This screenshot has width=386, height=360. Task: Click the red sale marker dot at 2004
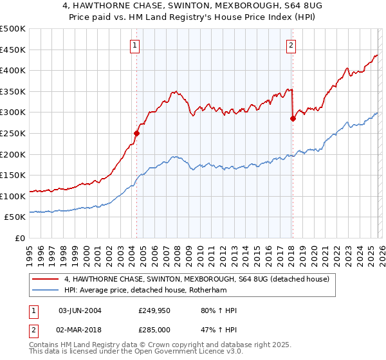pyautogui.click(x=136, y=134)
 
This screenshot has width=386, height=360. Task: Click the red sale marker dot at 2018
pyautogui.click(x=293, y=118)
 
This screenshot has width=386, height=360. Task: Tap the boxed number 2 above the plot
pyautogui.click(x=291, y=45)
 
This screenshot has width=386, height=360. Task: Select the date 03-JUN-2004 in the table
pyautogui.click(x=80, y=310)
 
